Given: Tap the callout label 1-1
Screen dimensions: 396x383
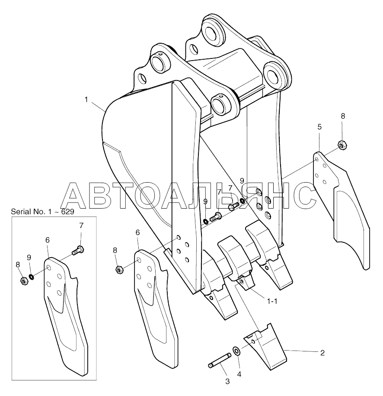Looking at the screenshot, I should (272, 303).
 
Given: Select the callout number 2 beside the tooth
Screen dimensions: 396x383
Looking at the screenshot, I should (322, 353).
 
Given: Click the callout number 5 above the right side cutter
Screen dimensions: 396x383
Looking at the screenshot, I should (319, 127).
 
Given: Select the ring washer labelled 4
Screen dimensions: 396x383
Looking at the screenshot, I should (237, 350).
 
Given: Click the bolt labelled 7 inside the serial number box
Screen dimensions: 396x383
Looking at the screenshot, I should (79, 250).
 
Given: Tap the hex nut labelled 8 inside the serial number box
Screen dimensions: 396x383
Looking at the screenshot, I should (25, 281).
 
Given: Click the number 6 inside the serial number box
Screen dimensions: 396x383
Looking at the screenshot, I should (48, 240).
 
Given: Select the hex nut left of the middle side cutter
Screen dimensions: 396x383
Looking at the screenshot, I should (120, 270).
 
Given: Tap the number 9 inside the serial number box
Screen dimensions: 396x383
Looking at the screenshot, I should (29, 257).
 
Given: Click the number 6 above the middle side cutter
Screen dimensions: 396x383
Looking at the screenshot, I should (137, 232).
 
